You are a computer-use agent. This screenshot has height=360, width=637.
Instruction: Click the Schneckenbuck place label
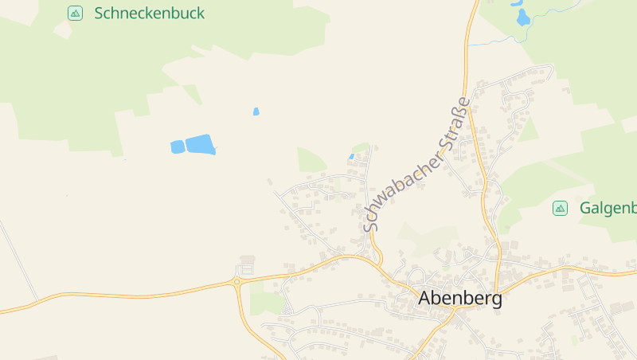(149, 13)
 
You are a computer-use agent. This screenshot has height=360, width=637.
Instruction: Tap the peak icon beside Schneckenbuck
(75, 13)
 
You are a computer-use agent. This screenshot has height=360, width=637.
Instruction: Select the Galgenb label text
(608, 209)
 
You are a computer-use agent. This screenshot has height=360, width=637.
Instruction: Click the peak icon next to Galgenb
(560, 209)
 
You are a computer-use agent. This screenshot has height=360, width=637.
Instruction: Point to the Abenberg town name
(460, 299)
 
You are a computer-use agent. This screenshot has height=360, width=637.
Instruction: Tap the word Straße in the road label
(449, 127)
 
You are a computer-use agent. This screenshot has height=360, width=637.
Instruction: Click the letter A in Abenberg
(425, 299)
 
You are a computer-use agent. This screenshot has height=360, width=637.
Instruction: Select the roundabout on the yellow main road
(236, 280)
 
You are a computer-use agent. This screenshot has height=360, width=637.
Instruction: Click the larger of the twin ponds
(200, 145)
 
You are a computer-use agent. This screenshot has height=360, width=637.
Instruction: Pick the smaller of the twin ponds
(178, 147)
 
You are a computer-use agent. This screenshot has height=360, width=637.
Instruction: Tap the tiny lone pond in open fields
(256, 112)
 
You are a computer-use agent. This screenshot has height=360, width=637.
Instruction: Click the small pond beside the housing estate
(351, 156)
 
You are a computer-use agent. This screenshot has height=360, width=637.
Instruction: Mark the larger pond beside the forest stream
(522, 18)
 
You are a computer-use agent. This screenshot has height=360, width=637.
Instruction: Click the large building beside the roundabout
(248, 260)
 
